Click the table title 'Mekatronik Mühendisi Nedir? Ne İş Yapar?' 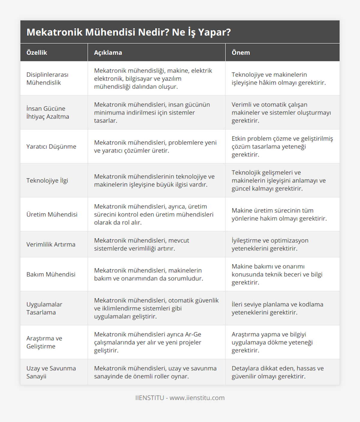(x=129, y=32)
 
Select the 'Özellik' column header (x=37, y=52)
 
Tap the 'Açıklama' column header (x=108, y=52)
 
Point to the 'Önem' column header (x=241, y=52)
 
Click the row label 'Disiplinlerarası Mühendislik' (x=47, y=79)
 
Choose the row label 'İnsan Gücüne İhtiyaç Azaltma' (x=48, y=112)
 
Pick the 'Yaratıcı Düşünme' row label (x=51, y=147)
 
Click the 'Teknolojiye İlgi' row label (x=47, y=180)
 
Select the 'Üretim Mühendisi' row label (x=52, y=214)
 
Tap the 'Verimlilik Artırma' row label (x=51, y=244)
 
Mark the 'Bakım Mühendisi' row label (x=51, y=274)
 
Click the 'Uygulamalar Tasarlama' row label (x=44, y=308)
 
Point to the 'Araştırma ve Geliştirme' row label (x=44, y=342)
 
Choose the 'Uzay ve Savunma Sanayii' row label (x=51, y=372)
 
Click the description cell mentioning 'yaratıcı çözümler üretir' (x=155, y=147)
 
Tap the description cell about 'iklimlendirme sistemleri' (x=156, y=308)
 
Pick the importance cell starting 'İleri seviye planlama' (x=277, y=308)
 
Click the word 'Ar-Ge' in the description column (x=193, y=334)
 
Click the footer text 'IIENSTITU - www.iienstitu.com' (x=180, y=398)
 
